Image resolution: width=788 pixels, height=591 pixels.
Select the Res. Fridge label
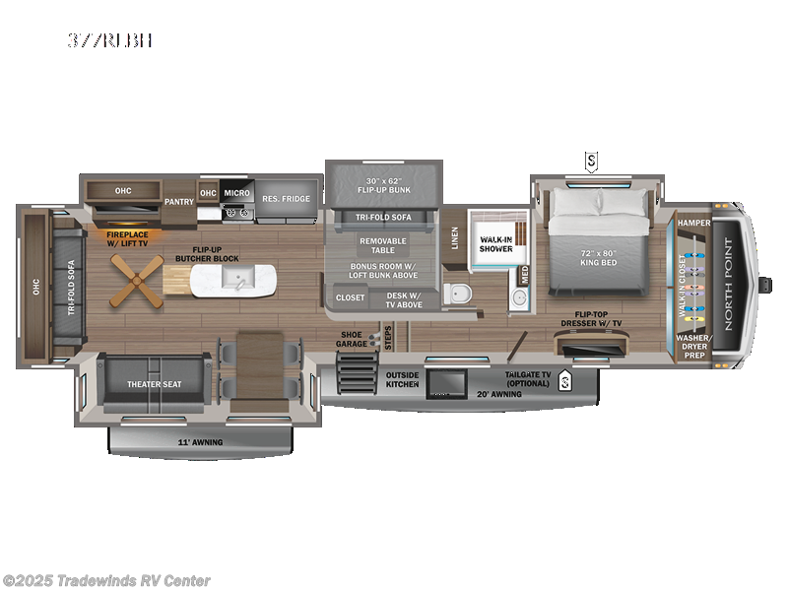click(x=286, y=199)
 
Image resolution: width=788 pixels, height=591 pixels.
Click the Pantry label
click(x=179, y=201)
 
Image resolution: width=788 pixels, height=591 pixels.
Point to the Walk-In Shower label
click(x=496, y=243)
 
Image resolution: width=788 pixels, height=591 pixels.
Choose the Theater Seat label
click(x=150, y=385)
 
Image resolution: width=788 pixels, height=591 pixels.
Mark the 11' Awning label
click(x=200, y=442)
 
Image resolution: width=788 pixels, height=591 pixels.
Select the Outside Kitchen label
click(x=402, y=379)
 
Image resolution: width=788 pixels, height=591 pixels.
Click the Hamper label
click(x=693, y=223)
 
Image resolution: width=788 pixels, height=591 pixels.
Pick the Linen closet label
click(x=455, y=237)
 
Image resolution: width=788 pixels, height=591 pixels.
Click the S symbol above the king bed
click(x=591, y=160)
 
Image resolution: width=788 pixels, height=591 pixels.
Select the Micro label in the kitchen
click(x=236, y=193)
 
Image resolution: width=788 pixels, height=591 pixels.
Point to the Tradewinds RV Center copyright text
click(x=106, y=581)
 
